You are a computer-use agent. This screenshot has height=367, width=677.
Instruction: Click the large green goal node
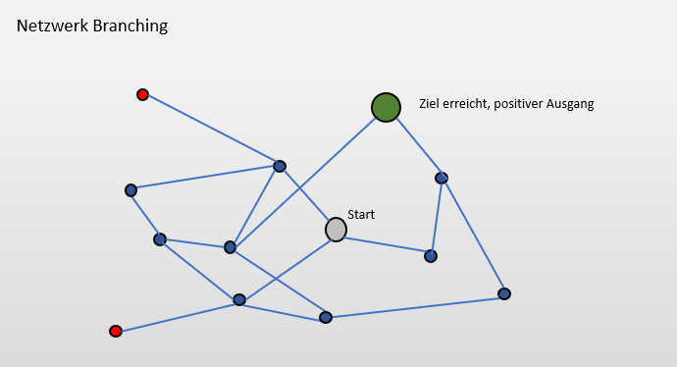(386, 107)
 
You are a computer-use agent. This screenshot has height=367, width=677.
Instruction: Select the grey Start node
(336, 229)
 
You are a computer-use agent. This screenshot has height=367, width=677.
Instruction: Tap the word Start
(361, 214)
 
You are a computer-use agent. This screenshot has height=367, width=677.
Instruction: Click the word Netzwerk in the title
(49, 26)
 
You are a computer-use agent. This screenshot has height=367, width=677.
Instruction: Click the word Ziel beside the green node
(429, 103)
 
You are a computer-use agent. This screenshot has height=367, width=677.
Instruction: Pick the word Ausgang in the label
(571, 103)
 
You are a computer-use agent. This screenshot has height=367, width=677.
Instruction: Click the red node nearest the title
(142, 94)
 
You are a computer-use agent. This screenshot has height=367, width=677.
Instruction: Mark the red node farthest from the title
(116, 331)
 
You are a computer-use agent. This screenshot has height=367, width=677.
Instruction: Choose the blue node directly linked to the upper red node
(280, 166)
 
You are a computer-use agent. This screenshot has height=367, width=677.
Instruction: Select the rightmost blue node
(503, 293)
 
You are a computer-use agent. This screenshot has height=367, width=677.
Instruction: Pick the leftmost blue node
(130, 190)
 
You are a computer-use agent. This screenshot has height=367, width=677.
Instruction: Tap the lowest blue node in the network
(326, 317)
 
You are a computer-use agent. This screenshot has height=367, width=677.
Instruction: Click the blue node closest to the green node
(442, 178)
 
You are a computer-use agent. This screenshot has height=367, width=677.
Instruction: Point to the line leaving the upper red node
(211, 130)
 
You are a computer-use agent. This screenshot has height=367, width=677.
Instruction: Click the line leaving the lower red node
(177, 315)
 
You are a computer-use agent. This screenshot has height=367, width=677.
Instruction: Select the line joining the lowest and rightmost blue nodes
(414, 305)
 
